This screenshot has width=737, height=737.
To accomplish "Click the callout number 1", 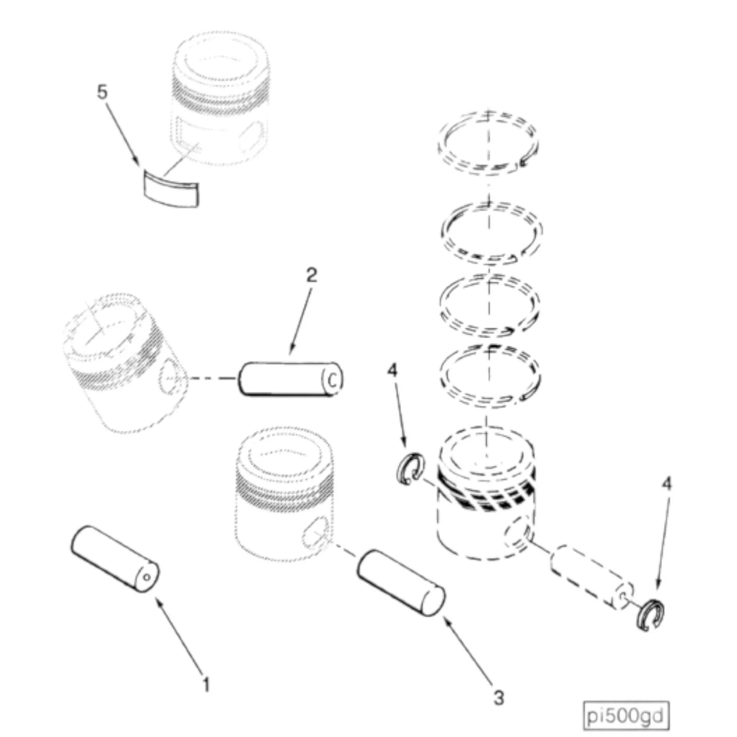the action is pyautogui.click(x=206, y=685).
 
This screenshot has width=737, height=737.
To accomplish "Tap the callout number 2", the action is pyautogui.click(x=311, y=275).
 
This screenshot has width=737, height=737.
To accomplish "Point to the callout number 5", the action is pyautogui.click(x=102, y=92).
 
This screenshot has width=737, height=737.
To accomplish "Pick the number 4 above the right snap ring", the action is pyautogui.click(x=667, y=484).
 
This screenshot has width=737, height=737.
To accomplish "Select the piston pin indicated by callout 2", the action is pyautogui.click(x=291, y=379).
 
